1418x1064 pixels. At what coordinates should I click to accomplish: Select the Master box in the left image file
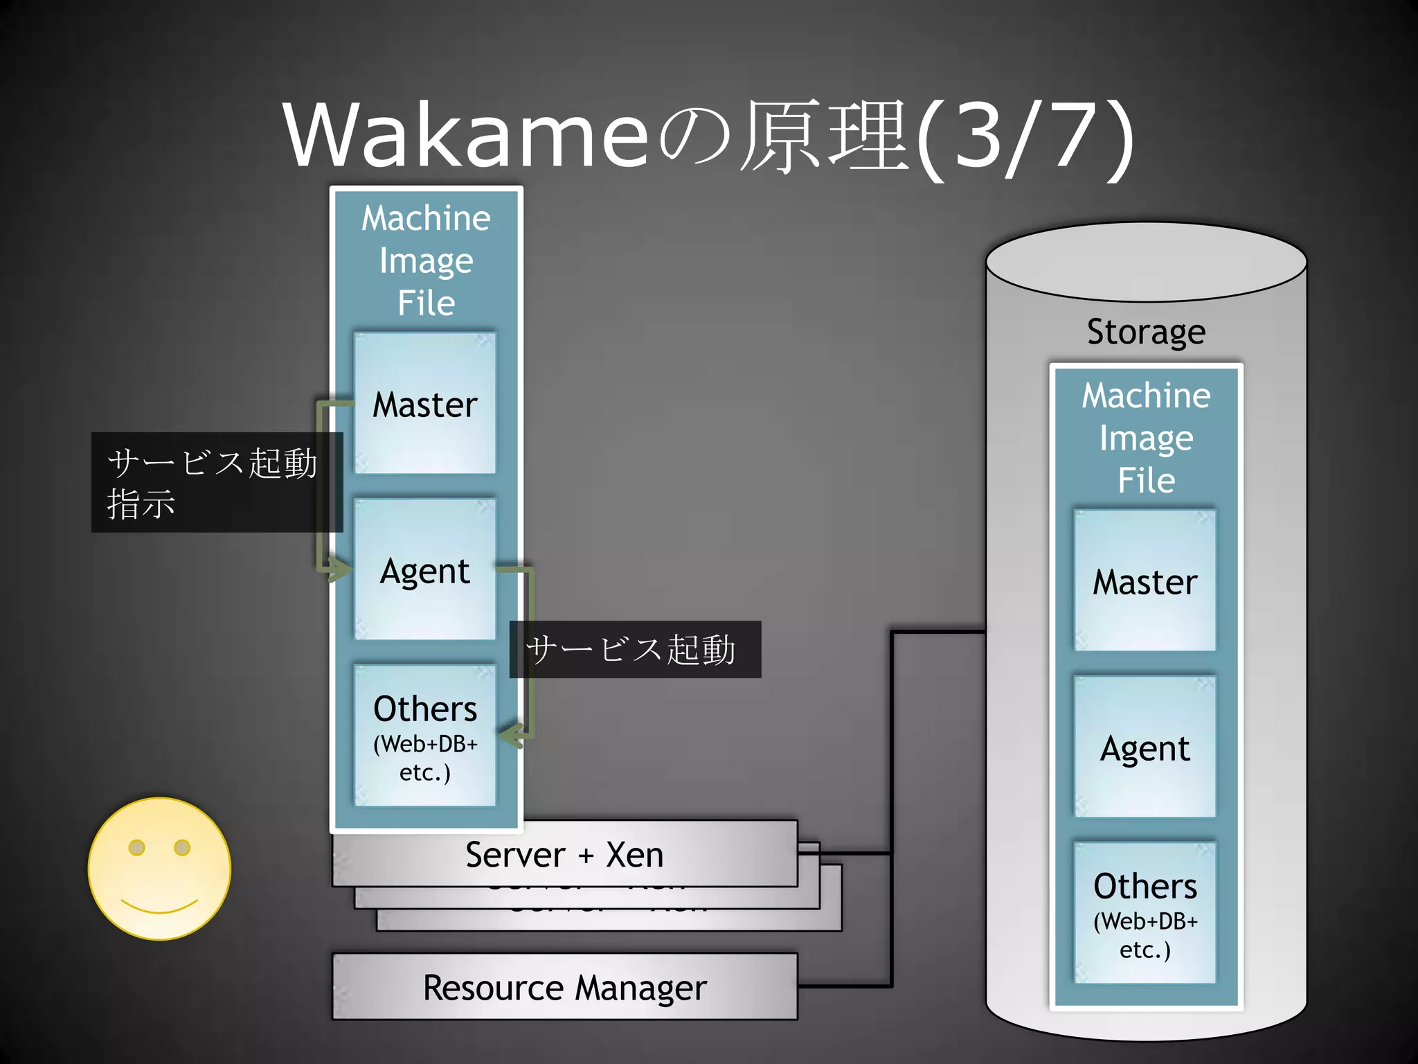coord(425,405)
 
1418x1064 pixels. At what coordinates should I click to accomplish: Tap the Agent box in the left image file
coord(425,571)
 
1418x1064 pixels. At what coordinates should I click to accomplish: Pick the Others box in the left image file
coord(425,736)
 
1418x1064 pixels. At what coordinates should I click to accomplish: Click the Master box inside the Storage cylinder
coord(1145,581)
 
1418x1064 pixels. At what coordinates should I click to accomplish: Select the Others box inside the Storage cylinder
coord(1145,913)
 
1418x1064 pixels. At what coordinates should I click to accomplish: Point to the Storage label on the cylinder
coord(1146,331)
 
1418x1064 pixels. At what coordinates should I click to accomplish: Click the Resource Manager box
coord(565,987)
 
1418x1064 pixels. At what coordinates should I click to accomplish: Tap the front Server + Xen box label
coord(565,854)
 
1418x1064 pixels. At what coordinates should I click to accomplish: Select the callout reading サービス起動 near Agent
coord(634,650)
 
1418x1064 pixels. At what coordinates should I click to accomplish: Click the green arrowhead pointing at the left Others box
coord(512,736)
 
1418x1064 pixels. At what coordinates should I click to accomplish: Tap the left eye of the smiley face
coord(137,847)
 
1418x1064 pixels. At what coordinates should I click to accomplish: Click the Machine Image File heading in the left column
coord(427,260)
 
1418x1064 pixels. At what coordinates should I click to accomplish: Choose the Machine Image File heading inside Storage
coord(1146,438)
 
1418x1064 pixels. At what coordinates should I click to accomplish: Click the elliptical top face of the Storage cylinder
coord(1146,262)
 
